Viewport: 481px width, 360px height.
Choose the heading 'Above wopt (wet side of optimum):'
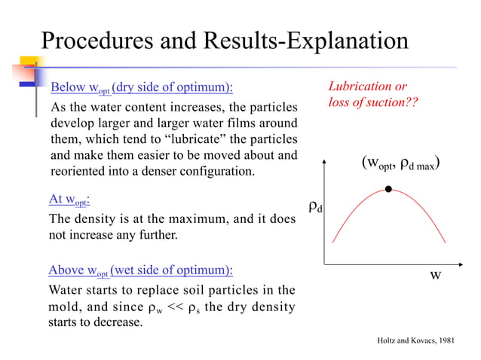point(140,270)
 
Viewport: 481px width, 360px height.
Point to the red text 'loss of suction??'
point(372,102)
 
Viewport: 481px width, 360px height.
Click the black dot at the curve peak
point(388,189)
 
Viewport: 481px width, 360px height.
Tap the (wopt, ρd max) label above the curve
point(400,164)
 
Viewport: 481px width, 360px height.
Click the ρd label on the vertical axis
point(315,206)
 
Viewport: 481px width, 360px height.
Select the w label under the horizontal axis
point(435,275)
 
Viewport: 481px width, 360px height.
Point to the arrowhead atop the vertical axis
point(324,161)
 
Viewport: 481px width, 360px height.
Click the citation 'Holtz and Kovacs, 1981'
point(415,341)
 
